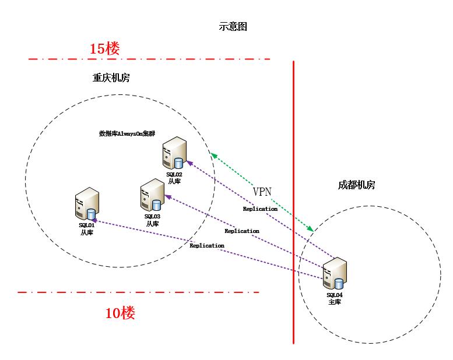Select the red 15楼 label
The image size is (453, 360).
[105, 48]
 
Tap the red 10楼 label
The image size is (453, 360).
[120, 313]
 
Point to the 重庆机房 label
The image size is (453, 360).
[111, 78]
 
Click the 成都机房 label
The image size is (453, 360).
[356, 185]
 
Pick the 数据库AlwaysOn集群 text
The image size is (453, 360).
[127, 133]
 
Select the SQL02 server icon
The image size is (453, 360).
[175, 153]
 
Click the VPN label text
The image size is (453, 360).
[262, 192]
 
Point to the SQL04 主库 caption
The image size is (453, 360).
[335, 298]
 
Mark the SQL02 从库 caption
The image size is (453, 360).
[174, 178]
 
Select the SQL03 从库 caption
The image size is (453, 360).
[152, 220]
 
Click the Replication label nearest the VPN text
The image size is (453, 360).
[260, 209]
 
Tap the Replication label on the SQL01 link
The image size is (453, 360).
[207, 246]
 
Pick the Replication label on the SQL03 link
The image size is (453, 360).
[241, 231]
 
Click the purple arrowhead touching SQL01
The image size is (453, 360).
[92, 221]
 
